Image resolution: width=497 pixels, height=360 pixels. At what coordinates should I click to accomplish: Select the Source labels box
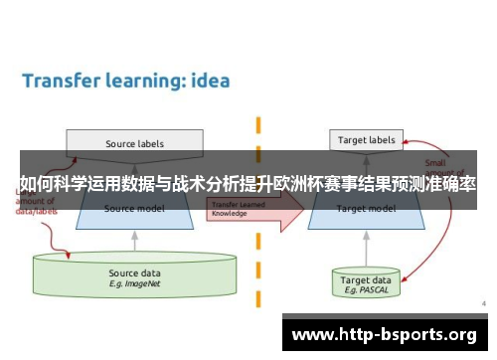(134, 143)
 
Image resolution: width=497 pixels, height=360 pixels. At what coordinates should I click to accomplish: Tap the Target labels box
(366, 140)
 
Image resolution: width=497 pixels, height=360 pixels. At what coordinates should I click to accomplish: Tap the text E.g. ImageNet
(133, 283)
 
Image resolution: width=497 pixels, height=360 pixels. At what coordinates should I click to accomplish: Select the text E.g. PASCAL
(366, 291)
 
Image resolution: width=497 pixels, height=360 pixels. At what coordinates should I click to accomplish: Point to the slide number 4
(482, 302)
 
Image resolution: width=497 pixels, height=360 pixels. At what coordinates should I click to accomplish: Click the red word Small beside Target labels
(435, 163)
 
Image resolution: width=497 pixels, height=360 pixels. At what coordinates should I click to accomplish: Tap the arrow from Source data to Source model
(134, 241)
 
